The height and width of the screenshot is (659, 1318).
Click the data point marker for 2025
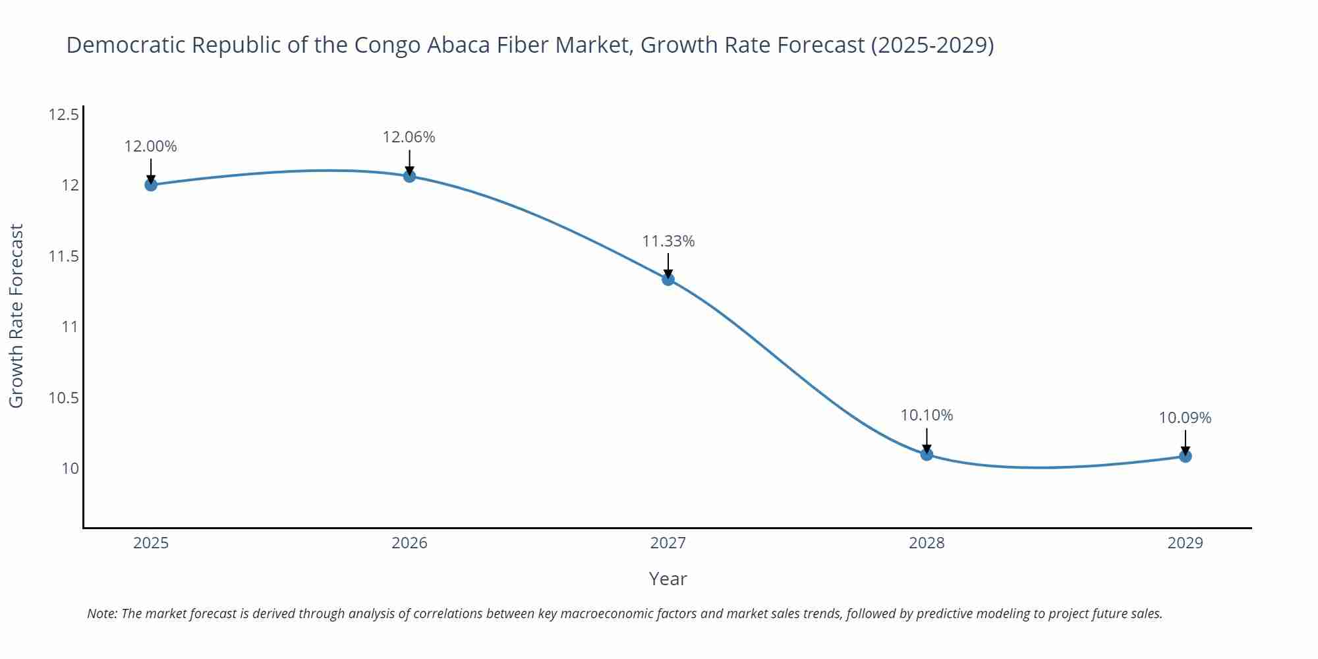(x=151, y=185)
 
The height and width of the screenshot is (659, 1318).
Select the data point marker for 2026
(x=409, y=176)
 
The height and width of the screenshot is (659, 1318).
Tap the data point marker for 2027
(x=668, y=279)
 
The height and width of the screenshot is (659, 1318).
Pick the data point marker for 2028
(x=927, y=454)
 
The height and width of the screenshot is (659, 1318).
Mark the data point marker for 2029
(x=1185, y=456)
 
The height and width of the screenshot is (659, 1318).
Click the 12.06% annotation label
(x=409, y=137)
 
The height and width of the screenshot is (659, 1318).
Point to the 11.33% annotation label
(x=668, y=241)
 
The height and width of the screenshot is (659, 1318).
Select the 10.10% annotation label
(x=927, y=415)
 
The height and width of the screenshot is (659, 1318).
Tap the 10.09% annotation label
(x=1185, y=418)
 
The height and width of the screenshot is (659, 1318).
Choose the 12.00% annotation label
(x=151, y=146)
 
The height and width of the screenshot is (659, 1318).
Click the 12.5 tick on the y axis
(x=63, y=115)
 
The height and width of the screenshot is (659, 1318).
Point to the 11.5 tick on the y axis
(x=63, y=256)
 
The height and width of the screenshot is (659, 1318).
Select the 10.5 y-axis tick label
(x=63, y=398)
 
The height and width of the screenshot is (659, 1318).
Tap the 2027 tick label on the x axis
(x=668, y=543)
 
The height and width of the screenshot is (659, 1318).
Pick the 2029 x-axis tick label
(x=1185, y=543)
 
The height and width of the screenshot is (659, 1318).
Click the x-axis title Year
(x=668, y=579)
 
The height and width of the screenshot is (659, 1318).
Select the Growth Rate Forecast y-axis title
(x=16, y=316)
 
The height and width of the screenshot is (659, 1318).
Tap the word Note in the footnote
(x=101, y=614)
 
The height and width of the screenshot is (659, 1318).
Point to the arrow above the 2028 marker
(x=927, y=440)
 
